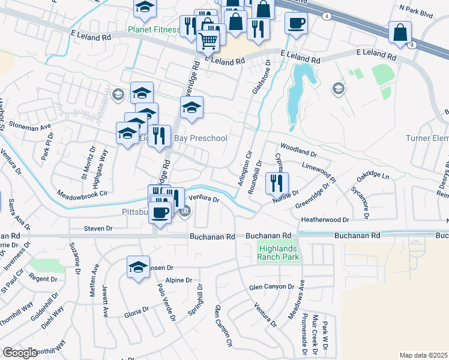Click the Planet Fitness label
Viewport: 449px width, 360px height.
coord(154,29)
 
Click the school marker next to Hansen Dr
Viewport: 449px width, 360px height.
coord(139,266)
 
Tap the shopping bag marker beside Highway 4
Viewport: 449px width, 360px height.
coord(400,32)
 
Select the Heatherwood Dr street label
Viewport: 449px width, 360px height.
coord(325,220)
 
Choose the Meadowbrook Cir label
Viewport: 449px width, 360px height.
coord(82,194)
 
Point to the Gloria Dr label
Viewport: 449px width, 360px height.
coord(136,311)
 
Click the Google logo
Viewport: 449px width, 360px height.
coord(20,353)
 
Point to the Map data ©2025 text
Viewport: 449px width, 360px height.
coord(423,355)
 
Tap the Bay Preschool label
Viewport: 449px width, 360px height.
coord(200,139)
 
